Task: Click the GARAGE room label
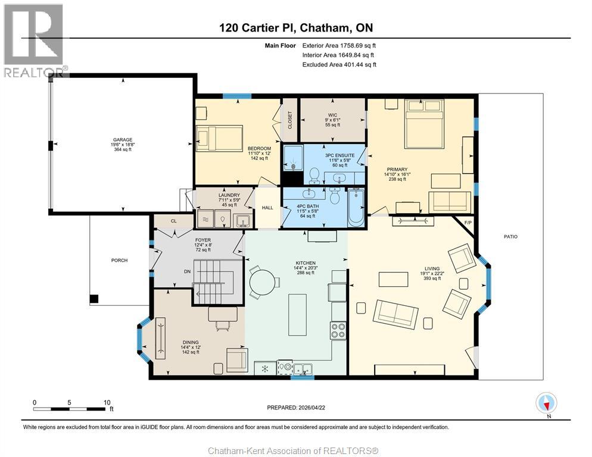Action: click(123, 140)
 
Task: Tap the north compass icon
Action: click(546, 403)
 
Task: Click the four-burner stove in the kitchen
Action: click(338, 331)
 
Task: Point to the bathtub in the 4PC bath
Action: click(356, 207)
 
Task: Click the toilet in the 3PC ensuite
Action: click(314, 175)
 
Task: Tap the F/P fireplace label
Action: click(468, 223)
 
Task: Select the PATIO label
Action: click(511, 237)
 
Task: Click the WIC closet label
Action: click(332, 115)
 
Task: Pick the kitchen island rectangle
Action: click(298, 315)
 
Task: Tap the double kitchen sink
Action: click(303, 369)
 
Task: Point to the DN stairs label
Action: click(187, 271)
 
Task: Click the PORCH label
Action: click(119, 261)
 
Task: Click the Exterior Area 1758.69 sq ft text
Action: click(339, 46)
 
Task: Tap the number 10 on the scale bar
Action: click(107, 402)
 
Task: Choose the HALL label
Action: click(267, 208)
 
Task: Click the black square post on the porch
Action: click(94, 299)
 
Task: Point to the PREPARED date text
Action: click(296, 408)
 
